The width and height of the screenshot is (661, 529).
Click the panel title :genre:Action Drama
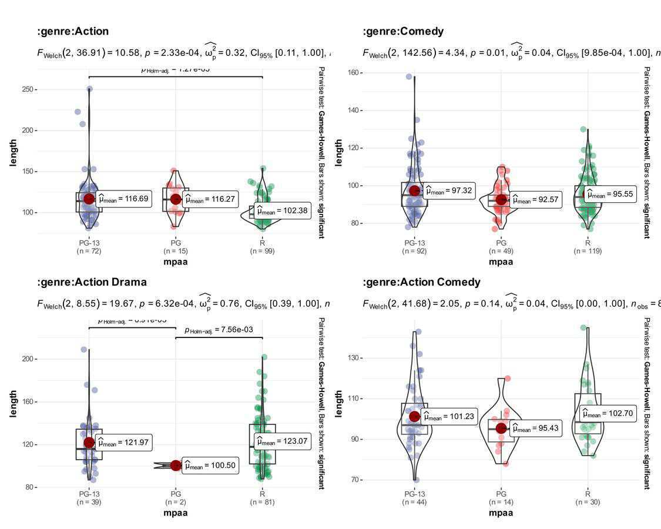(x=92, y=282)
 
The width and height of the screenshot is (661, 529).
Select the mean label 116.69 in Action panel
(x=123, y=199)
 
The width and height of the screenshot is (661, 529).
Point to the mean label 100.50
(x=210, y=466)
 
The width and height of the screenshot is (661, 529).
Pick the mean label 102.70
(x=608, y=414)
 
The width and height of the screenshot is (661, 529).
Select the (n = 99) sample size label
(x=262, y=251)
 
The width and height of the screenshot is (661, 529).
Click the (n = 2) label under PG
(x=176, y=502)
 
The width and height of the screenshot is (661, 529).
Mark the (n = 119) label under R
(x=588, y=251)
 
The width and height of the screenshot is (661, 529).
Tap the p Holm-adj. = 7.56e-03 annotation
(x=219, y=330)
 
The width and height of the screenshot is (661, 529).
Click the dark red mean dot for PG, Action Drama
(x=176, y=466)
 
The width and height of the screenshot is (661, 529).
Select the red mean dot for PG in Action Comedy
(x=501, y=428)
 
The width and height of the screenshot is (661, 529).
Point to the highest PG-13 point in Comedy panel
(x=410, y=77)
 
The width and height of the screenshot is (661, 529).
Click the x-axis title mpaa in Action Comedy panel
(x=501, y=513)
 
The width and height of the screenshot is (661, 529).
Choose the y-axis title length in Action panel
(x=14, y=153)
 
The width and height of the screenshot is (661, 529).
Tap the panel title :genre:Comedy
(x=403, y=31)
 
